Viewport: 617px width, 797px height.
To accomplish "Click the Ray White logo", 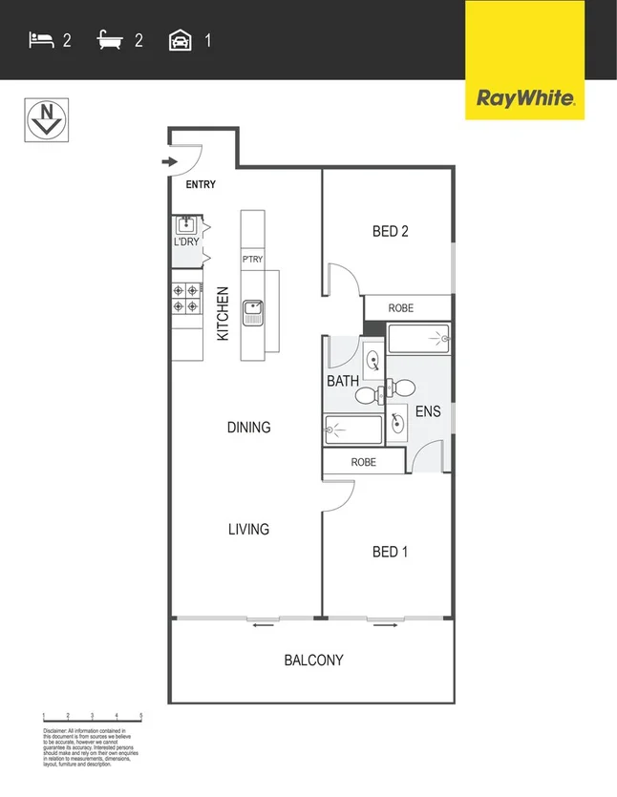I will click(x=524, y=97).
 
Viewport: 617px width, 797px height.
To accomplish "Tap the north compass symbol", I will click(x=45, y=120).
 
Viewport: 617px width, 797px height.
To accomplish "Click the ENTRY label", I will click(x=201, y=185).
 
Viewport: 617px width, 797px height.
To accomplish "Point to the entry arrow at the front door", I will click(x=170, y=162).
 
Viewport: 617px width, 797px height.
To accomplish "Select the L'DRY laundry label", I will click(x=186, y=241).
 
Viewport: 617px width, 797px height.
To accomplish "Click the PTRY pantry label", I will click(x=252, y=260).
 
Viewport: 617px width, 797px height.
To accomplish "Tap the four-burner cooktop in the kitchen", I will click(x=186, y=299).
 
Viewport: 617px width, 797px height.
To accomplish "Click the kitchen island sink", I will click(x=253, y=310).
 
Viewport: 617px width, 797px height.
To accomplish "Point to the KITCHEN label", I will click(x=223, y=314).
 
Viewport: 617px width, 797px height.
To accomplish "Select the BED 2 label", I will click(x=390, y=231).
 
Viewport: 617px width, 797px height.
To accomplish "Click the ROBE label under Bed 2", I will click(x=401, y=308).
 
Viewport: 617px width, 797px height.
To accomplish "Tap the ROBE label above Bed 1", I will click(x=363, y=462).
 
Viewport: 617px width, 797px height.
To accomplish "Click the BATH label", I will click(x=343, y=381).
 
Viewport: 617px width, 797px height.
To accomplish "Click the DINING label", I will click(x=248, y=428).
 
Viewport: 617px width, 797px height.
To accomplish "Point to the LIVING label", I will click(x=248, y=529).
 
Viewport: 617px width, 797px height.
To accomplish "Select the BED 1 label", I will click(x=390, y=552).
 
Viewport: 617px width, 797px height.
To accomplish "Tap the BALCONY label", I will click(x=313, y=660).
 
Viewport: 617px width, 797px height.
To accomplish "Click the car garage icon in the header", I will click(x=179, y=40).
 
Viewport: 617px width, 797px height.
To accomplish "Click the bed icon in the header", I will click(x=40, y=40).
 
